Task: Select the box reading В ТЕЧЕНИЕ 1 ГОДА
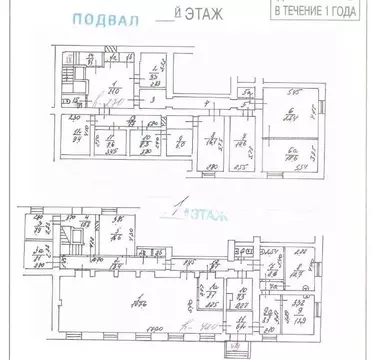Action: click(x=314, y=11)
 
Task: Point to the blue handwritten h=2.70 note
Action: click(x=112, y=104)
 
